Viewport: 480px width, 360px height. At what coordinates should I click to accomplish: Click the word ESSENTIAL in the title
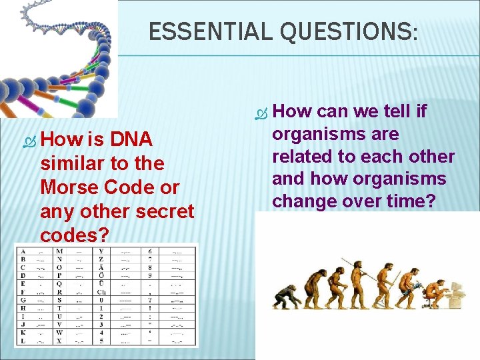tap(194, 31)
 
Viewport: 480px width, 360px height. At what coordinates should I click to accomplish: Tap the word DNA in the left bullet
tap(132, 139)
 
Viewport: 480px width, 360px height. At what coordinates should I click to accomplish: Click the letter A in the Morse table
tap(23, 251)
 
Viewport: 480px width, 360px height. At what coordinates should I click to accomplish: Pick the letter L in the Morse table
tap(23, 340)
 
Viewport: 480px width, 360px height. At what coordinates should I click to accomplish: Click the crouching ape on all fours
tap(287, 297)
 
